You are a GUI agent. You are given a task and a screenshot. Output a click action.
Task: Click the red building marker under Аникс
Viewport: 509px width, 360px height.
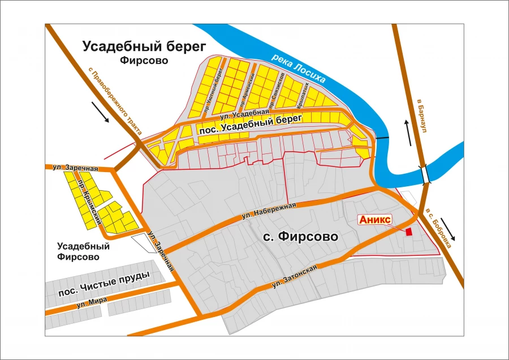pos(409,230)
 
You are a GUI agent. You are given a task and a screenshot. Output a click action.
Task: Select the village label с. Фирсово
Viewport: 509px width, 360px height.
pos(301,237)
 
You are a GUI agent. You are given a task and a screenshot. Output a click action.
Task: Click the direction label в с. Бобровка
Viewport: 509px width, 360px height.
pos(439,220)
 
